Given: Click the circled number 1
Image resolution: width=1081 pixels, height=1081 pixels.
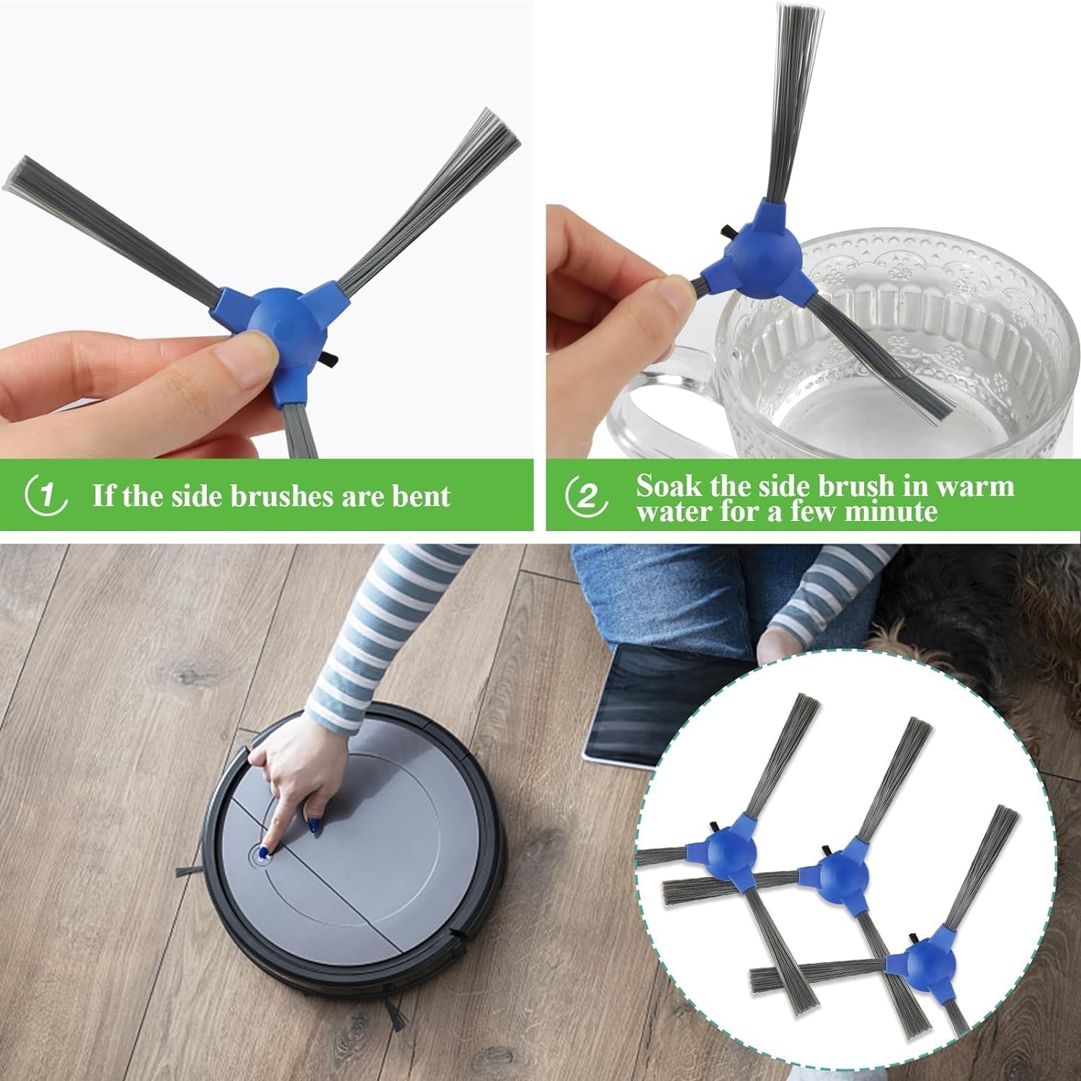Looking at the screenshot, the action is click(46, 496).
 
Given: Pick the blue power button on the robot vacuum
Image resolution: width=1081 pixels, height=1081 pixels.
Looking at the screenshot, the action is click(261, 855).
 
